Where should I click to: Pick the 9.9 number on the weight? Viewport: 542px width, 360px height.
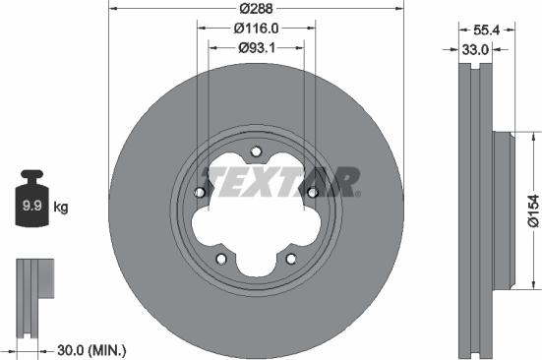coord(31,207)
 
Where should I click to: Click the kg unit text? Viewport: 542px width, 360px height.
coord(61,207)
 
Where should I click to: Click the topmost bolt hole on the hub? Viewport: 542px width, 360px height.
coord(256,152)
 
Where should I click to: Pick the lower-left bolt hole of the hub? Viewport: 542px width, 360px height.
coord(222,259)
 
